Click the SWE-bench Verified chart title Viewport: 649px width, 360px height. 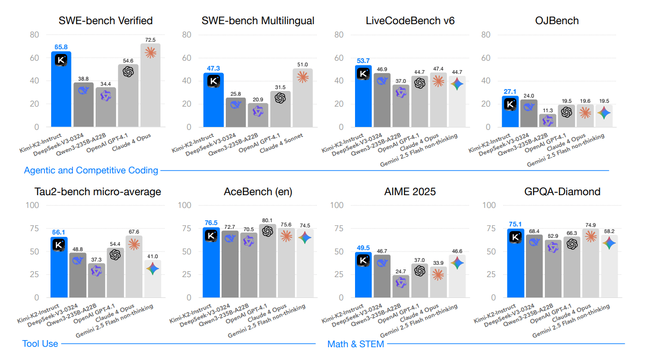(x=105, y=20)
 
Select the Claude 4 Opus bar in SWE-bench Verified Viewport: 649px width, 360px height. (x=151, y=85)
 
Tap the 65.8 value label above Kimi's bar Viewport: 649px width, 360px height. (x=61, y=47)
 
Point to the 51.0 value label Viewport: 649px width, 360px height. (x=302, y=64)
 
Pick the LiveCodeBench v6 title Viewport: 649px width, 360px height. (x=410, y=20)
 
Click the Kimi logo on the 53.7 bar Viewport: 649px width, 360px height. (x=363, y=73)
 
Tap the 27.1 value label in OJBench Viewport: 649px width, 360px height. (x=510, y=91)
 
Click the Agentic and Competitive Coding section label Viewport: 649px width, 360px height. (x=91, y=170)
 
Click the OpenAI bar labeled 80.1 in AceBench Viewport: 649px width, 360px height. (x=267, y=261)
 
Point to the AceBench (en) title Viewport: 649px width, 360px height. (x=258, y=191)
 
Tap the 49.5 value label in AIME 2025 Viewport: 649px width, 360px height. (x=364, y=248)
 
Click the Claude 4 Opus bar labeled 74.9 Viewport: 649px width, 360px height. (x=590, y=263)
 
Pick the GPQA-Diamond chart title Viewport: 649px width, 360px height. (x=556, y=191)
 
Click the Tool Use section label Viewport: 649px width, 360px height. (x=40, y=343)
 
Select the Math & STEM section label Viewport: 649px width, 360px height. (x=356, y=344)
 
